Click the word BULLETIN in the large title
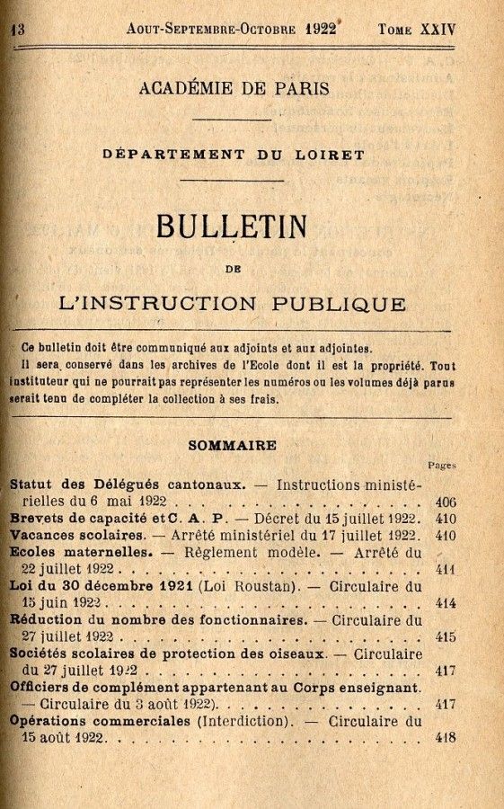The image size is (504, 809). click(x=232, y=226)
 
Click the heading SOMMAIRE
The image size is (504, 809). click(x=232, y=445)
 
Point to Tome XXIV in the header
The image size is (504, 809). click(x=417, y=29)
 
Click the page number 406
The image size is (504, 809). click(x=445, y=502)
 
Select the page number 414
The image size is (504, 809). click(x=445, y=603)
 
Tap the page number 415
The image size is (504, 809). click(x=445, y=636)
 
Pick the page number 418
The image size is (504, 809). click(x=445, y=738)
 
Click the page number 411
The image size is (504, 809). click(x=445, y=569)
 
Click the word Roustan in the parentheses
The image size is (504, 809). click(x=267, y=587)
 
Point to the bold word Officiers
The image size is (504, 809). click(x=44, y=688)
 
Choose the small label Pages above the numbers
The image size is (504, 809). click(x=442, y=465)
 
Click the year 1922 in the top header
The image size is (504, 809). click(x=321, y=28)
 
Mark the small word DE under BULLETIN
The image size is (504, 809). click(x=233, y=267)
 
